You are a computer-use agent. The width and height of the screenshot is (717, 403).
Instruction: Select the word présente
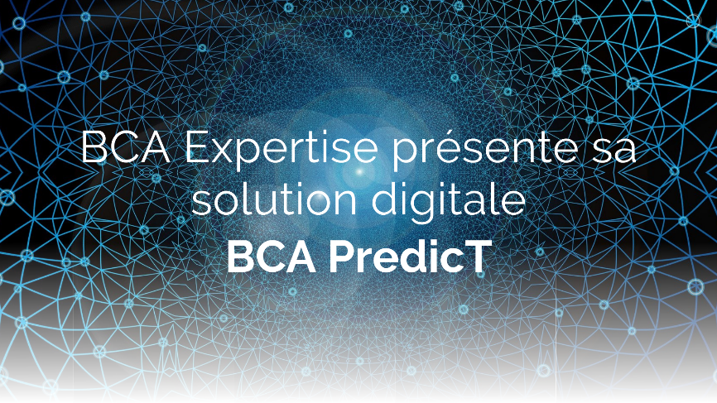(x=484, y=150)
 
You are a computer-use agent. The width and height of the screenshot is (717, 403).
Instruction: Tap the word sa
(x=613, y=151)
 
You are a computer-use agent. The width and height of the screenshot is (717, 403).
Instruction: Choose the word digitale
(x=449, y=201)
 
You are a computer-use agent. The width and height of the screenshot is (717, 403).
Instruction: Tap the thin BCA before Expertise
(x=126, y=147)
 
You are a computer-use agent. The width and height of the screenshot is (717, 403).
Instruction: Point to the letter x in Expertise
(x=226, y=151)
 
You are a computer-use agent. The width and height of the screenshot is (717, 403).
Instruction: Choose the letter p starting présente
(x=405, y=156)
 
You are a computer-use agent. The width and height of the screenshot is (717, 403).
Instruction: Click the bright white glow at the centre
(x=359, y=172)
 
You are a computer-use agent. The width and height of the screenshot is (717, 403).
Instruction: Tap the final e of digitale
(x=515, y=204)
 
